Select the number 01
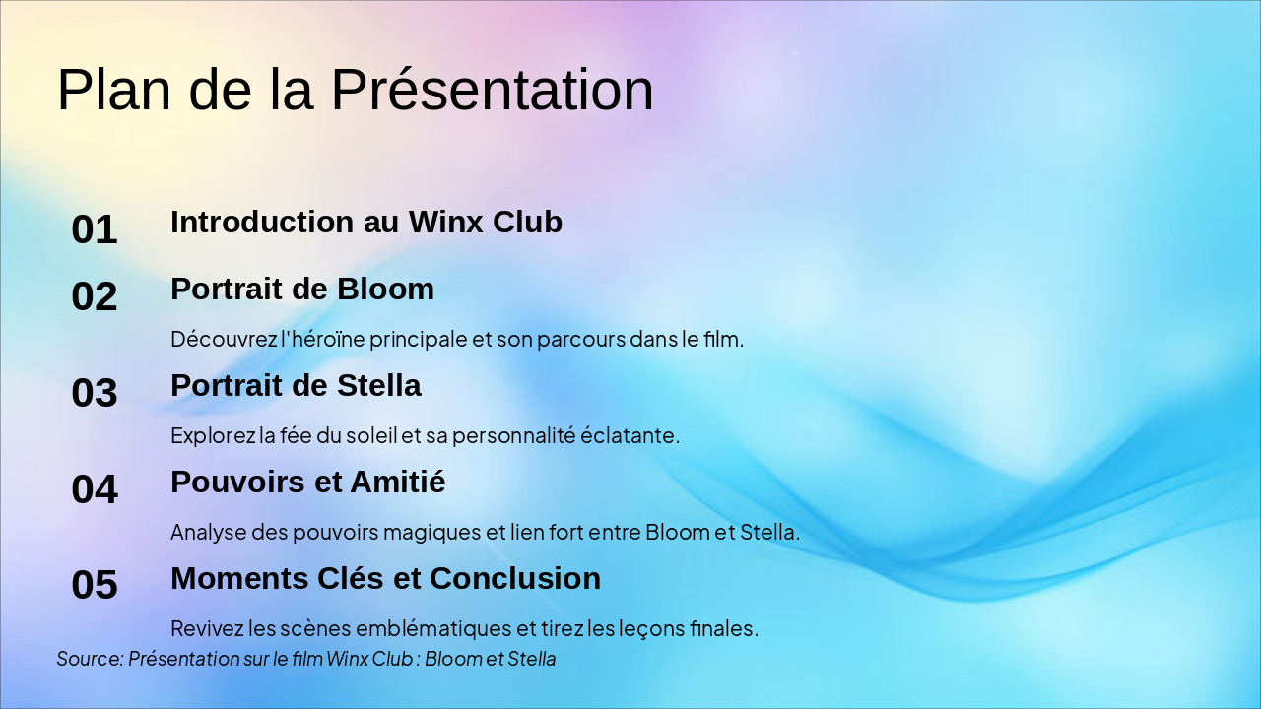click(95, 229)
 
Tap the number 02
click(95, 296)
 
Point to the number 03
click(95, 393)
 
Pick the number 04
click(95, 489)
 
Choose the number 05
click(95, 585)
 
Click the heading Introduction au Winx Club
click(366, 222)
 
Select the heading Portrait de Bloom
click(302, 289)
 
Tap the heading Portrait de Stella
click(296, 385)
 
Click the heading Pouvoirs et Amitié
click(308, 482)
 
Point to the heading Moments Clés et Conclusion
click(385, 578)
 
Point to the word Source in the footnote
click(89, 659)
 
